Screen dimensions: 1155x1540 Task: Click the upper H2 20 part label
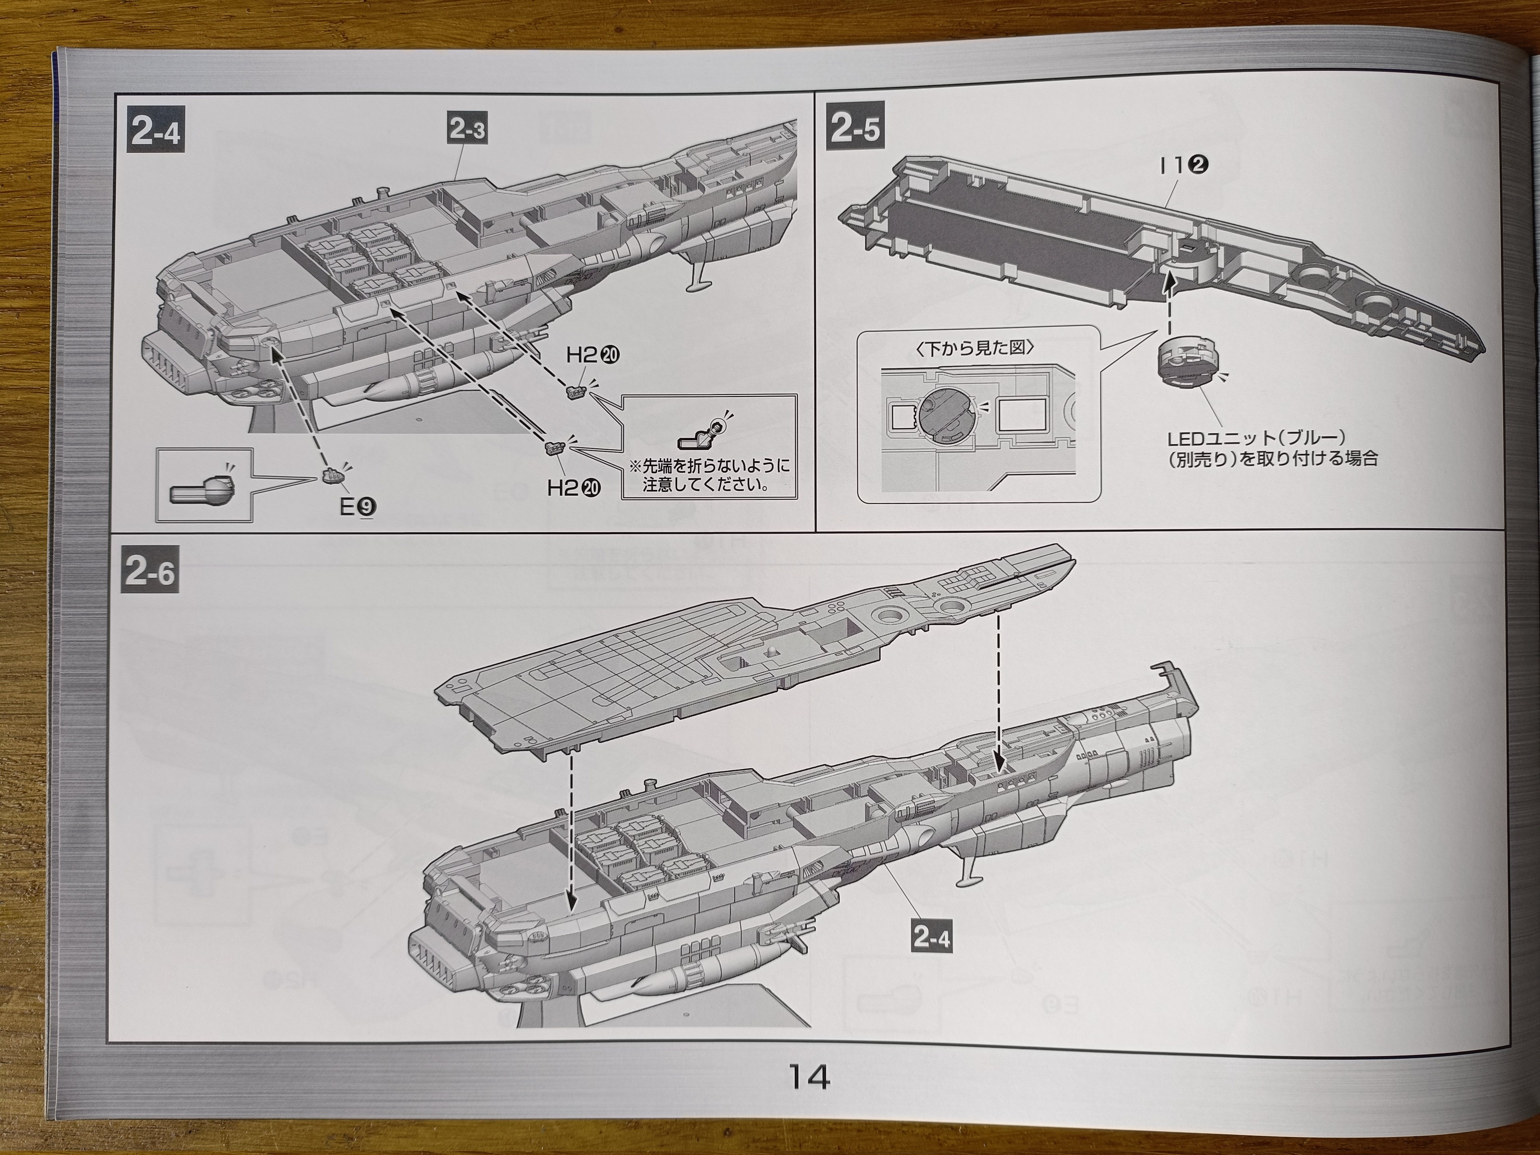[x=592, y=356]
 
